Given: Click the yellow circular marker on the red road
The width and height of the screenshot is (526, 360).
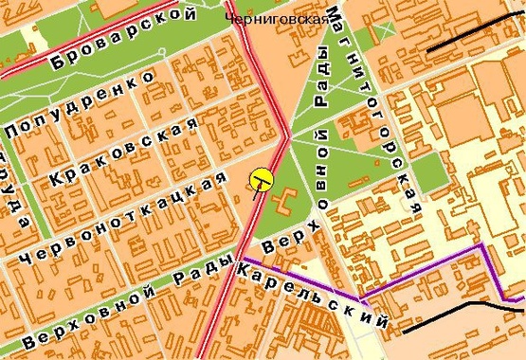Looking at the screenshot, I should (263, 177).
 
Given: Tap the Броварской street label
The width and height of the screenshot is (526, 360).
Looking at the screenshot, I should (124, 39).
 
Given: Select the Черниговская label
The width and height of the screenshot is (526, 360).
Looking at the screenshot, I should (278, 18).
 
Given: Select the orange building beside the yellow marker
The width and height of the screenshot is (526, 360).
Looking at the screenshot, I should (282, 200).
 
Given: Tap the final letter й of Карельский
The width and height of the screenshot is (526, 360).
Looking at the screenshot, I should (382, 324).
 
